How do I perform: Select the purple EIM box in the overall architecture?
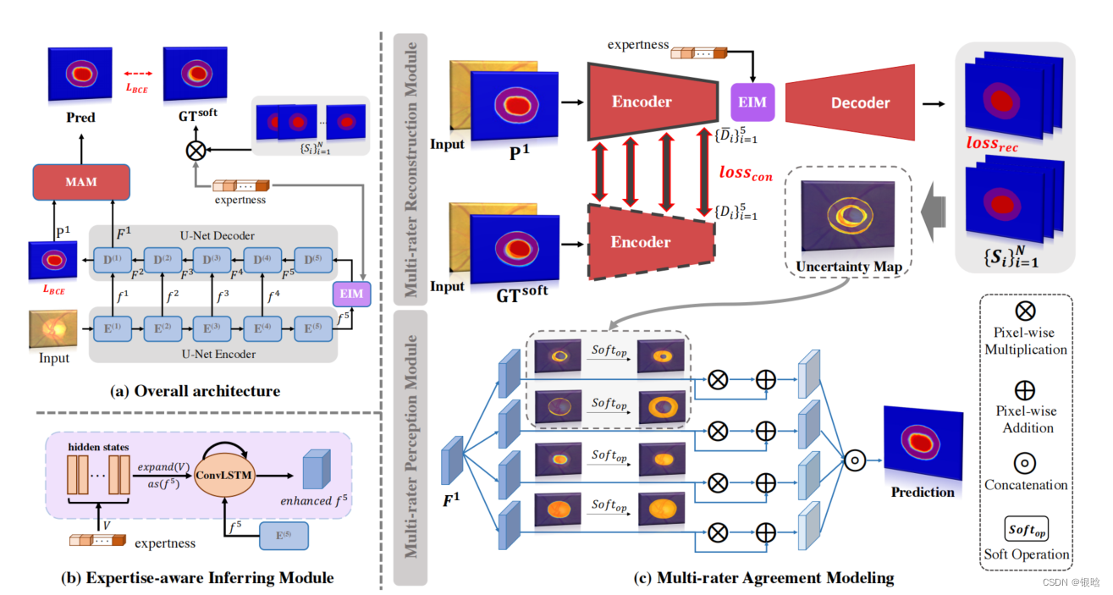(351, 295)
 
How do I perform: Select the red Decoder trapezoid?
(849, 102)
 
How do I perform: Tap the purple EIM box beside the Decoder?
(752, 102)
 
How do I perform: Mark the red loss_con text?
(746, 171)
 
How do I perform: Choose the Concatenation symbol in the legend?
(1025, 461)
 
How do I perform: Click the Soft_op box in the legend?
(1026, 529)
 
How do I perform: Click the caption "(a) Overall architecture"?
(196, 391)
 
